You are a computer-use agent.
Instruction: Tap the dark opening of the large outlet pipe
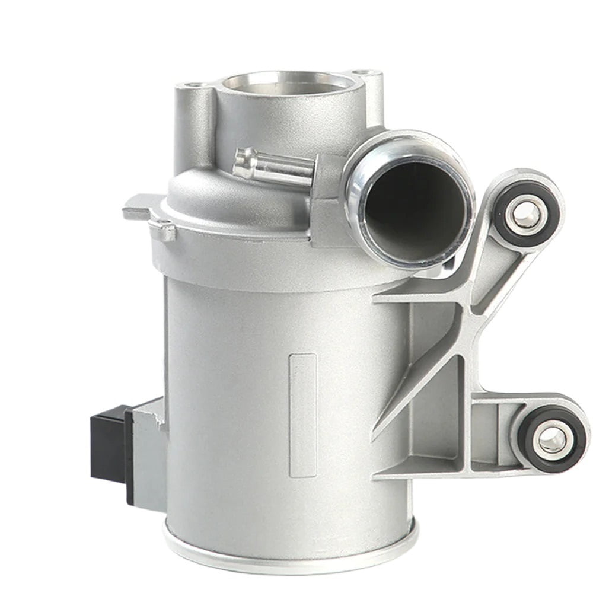pos(415,205)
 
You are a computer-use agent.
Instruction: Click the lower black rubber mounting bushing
pos(552,439)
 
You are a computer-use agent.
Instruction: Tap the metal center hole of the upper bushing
pos(527,215)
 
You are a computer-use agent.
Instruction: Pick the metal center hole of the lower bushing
pos(552,439)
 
